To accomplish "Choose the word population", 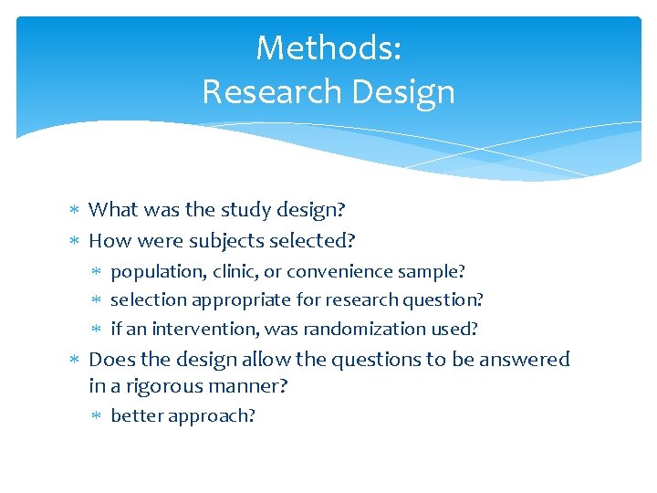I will coord(158,272).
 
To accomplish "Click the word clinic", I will coord(235,272).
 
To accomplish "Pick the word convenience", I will coord(346,272).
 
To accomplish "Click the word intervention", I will coord(203,329).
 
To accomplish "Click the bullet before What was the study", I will coord(76,211).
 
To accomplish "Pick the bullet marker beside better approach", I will coord(99,416).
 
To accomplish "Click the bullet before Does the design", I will coord(76,361).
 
